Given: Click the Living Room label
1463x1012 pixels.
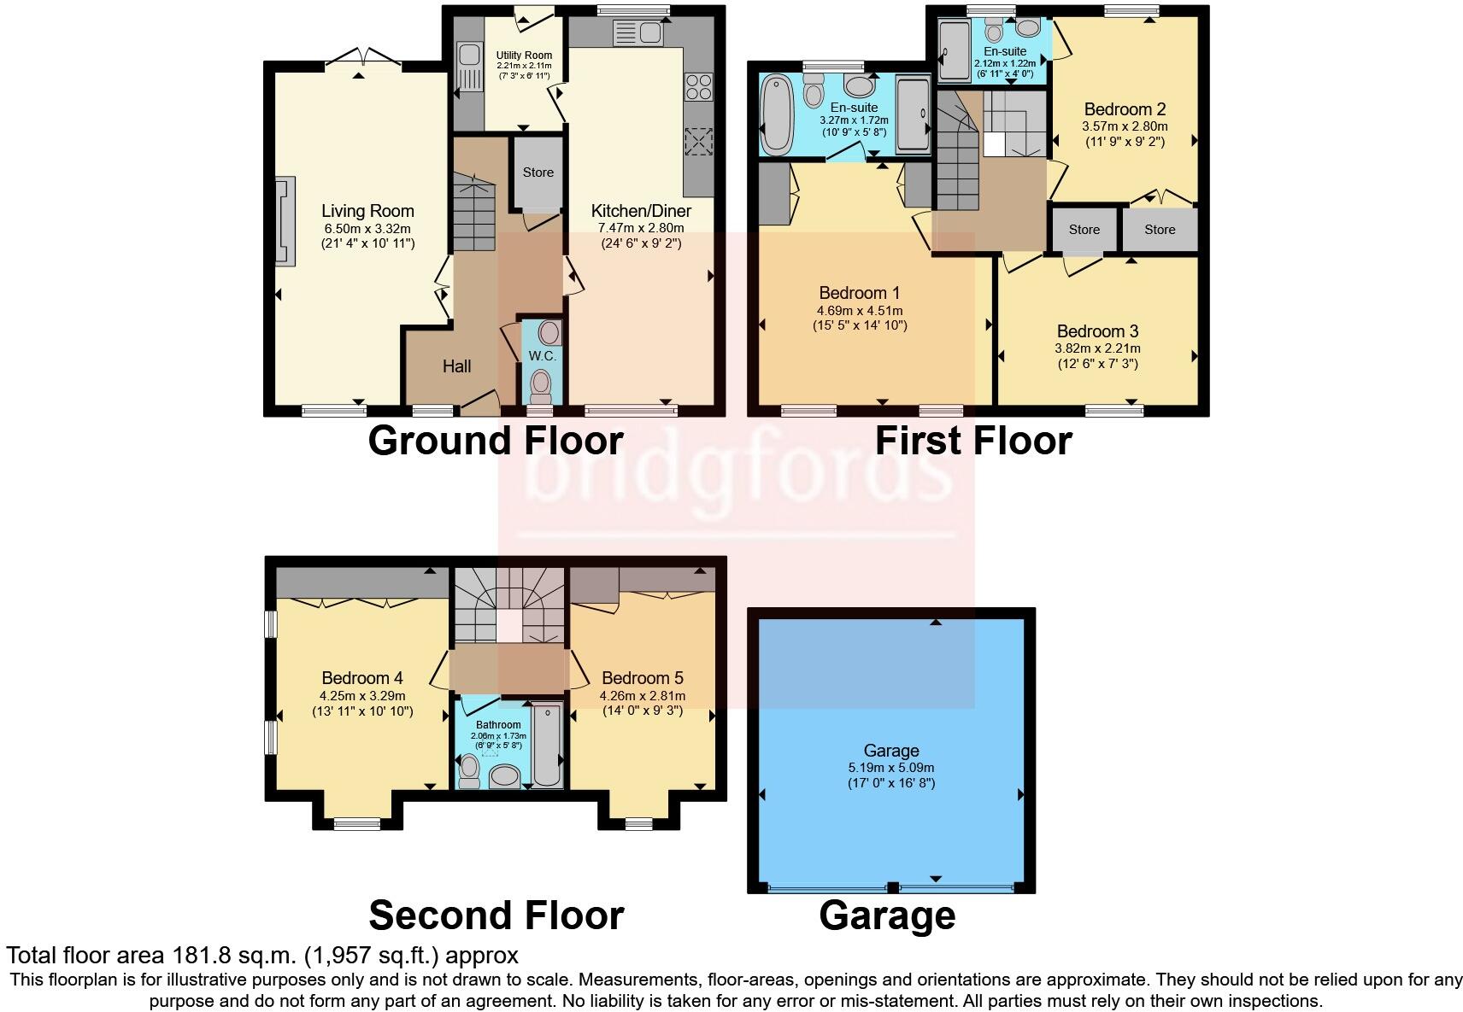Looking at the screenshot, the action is [x=367, y=211].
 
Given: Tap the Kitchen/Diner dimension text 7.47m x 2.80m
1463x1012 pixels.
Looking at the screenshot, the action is [x=641, y=228].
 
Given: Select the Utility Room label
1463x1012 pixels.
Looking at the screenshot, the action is [x=524, y=56].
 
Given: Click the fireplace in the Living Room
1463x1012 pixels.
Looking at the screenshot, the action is [x=285, y=221].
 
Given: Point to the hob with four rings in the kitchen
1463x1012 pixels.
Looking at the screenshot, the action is [x=698, y=87].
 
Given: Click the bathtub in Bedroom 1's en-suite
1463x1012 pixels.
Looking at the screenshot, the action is [x=777, y=115].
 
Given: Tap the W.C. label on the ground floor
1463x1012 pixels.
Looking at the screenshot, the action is [x=542, y=356].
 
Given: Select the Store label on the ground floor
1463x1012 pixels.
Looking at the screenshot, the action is [x=538, y=173].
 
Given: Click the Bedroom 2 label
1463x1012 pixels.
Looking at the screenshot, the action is [x=1125, y=109].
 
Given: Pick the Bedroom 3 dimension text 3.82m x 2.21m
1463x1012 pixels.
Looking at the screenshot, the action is [x=1098, y=348].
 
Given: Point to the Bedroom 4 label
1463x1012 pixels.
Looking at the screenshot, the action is [x=362, y=678].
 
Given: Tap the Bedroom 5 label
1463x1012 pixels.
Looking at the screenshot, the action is [x=643, y=678].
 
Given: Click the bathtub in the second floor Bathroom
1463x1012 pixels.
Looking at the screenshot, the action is [x=547, y=745].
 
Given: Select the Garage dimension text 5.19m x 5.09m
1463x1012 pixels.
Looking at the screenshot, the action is [x=891, y=768].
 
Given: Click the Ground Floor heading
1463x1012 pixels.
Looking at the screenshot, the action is [x=496, y=441].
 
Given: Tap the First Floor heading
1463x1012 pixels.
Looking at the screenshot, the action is [x=973, y=441].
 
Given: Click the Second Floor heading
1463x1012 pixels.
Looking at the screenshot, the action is [x=496, y=915].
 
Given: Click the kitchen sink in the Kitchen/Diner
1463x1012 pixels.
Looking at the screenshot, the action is [x=638, y=32].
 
